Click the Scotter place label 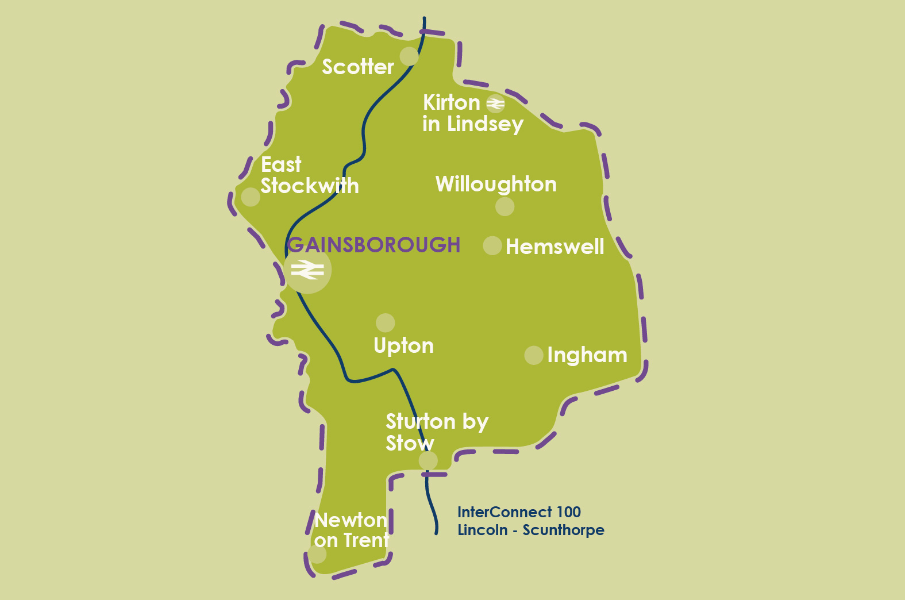pyautogui.click(x=357, y=67)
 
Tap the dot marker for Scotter pyautogui.click(x=409, y=56)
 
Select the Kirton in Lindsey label pyautogui.click(x=472, y=113)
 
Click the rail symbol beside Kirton pyautogui.click(x=495, y=103)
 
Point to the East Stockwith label pyautogui.click(x=309, y=175)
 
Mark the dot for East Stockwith pyautogui.click(x=251, y=197)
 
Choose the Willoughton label pyautogui.click(x=496, y=184)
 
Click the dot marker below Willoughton pyautogui.click(x=505, y=206)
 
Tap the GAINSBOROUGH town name pyautogui.click(x=374, y=245)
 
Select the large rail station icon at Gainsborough pyautogui.click(x=307, y=270)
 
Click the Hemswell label pyautogui.click(x=554, y=247)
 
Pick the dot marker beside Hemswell pyautogui.click(x=492, y=245)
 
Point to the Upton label pyautogui.click(x=403, y=346)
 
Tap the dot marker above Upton pyautogui.click(x=385, y=322)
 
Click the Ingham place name pyautogui.click(x=587, y=355)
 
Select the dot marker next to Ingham pyautogui.click(x=534, y=355)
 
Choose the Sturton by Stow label pyautogui.click(x=437, y=432)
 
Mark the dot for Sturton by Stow pyautogui.click(x=428, y=460)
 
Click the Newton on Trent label pyautogui.click(x=351, y=530)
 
